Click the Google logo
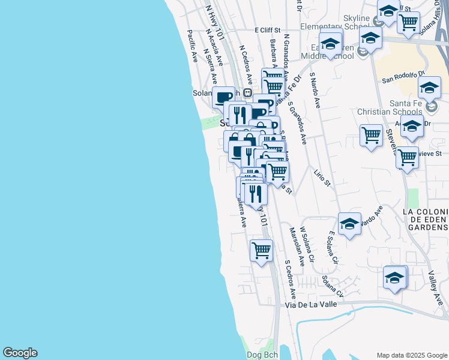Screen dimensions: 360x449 (x=20, y=353)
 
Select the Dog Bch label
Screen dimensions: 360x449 (x=262, y=355)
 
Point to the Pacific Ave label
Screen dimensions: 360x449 (x=193, y=46)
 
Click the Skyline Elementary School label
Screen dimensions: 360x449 (x=356, y=23)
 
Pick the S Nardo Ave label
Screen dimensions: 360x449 (x=315, y=91)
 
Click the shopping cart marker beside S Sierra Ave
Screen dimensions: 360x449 (x=261, y=250)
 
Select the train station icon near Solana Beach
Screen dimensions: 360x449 (x=247, y=92)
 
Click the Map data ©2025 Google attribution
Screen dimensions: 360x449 (x=411, y=355)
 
